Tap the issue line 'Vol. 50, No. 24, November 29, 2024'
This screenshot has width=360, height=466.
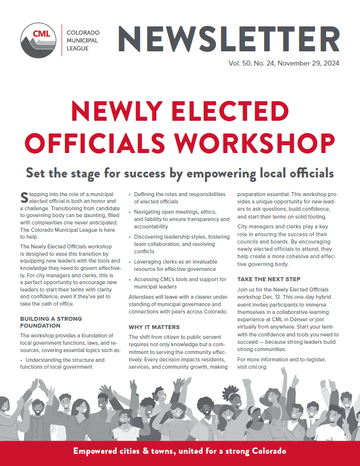pos(284,63)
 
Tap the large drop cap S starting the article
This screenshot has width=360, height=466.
pos(24,197)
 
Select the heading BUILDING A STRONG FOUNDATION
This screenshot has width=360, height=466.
pos(51,322)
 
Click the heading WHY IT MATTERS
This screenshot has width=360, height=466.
pos(154,327)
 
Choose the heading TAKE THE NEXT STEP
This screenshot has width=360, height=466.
pos(269,279)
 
